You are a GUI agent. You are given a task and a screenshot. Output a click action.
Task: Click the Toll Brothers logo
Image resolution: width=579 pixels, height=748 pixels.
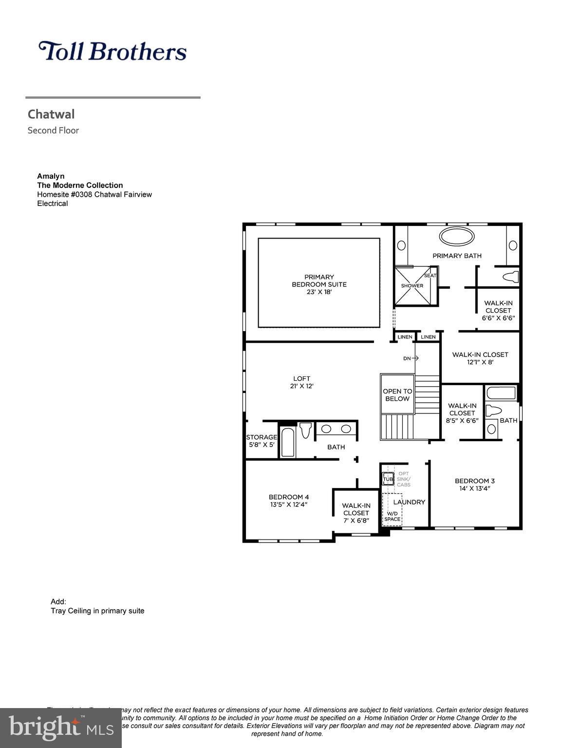tap(112, 51)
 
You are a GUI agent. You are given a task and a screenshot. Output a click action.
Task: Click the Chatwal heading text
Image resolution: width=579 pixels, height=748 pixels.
tap(51, 114)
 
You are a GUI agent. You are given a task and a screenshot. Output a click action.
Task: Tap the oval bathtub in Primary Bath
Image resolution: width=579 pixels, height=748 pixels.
tap(456, 237)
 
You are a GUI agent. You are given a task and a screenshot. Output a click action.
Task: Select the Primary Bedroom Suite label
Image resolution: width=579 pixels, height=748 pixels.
tap(319, 284)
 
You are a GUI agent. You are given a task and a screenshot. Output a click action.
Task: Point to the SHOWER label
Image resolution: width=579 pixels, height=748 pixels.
tap(412, 286)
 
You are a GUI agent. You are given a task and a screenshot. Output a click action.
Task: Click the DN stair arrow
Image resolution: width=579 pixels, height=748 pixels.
tap(411, 358)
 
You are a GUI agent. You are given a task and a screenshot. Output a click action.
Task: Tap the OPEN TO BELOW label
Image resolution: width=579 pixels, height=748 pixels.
tap(397, 395)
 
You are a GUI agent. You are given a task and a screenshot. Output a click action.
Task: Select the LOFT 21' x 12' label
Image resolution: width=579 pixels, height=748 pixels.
tap(301, 382)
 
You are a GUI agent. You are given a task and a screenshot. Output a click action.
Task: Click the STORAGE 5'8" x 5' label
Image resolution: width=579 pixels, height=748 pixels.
tap(261, 441)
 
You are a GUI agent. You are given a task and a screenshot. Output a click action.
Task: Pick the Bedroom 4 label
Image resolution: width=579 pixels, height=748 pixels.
tap(289, 501)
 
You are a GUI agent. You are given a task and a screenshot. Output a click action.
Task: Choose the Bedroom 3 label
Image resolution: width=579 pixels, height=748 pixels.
tap(475, 485)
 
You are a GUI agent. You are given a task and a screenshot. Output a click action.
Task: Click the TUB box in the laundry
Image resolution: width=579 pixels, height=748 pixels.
tap(388, 479)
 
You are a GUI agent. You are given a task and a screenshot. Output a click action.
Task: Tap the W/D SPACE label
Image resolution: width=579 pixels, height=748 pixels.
tap(392, 516)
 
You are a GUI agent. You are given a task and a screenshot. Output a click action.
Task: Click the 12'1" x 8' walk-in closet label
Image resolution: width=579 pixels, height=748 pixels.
tap(480, 358)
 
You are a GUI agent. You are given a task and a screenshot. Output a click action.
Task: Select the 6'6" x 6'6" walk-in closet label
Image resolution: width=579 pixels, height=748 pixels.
tap(498, 310)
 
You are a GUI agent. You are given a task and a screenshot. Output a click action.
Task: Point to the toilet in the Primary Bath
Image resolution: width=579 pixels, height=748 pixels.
tap(510, 278)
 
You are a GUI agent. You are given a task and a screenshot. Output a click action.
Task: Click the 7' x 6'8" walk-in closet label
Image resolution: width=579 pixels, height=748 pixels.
tap(356, 513)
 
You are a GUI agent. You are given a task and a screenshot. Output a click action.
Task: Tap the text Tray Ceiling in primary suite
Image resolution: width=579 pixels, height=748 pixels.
tap(97, 611)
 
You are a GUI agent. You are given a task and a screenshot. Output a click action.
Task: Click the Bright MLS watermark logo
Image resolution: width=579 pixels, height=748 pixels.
tap(60, 728)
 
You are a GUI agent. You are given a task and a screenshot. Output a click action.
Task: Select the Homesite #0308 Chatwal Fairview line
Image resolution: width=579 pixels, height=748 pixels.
tap(94, 194)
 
